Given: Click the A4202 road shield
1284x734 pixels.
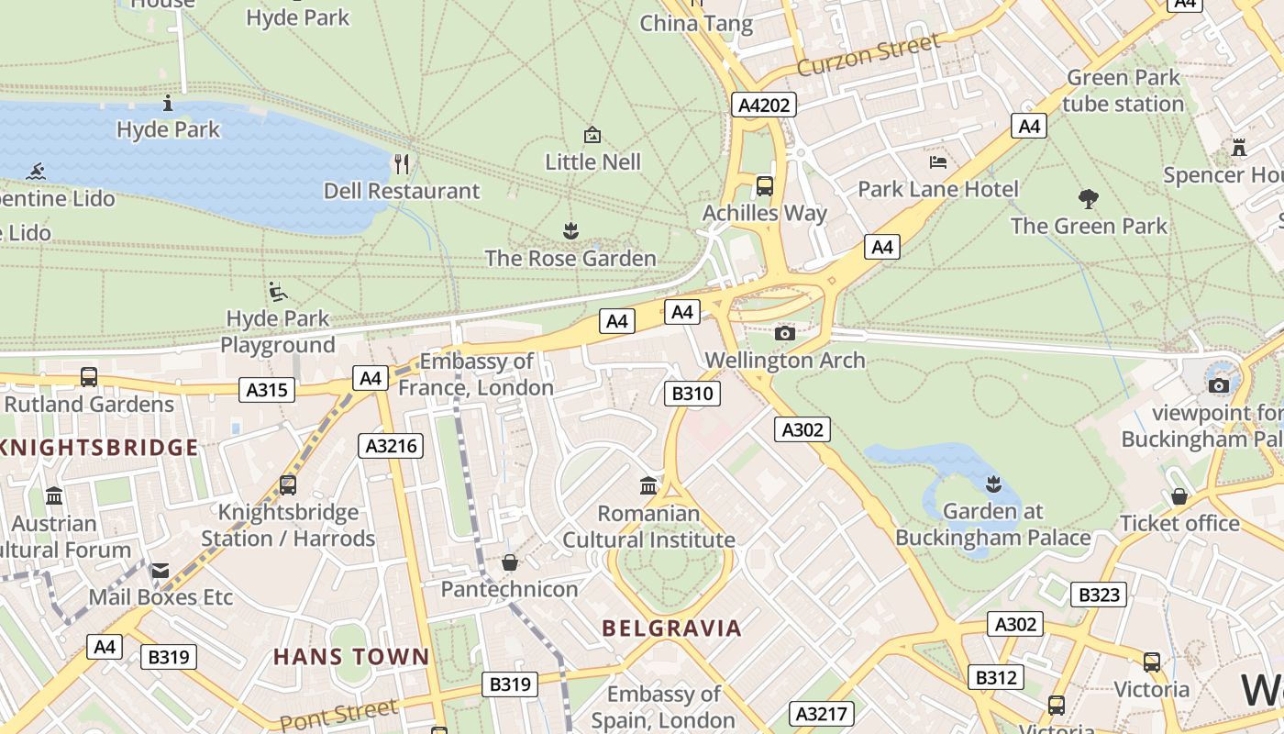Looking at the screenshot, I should (764, 105).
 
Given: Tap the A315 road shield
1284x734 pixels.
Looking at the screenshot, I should (267, 390).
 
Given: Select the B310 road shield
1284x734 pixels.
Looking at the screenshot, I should (692, 394).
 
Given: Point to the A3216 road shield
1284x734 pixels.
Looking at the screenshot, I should (391, 447).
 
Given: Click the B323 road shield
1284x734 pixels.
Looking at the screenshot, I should (1099, 595).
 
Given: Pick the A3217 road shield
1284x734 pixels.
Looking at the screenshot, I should (823, 714).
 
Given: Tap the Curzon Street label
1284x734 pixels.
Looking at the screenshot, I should (868, 55).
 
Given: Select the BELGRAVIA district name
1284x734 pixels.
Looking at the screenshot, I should (671, 628).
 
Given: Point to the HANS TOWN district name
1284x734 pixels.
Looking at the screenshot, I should (351, 657).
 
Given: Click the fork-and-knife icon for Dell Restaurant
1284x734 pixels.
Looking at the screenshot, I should (401, 164).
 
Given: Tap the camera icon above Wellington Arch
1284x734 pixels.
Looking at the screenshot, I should (784, 333).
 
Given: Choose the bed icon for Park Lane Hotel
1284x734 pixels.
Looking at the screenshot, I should (938, 162).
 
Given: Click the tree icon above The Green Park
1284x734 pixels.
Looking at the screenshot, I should (1089, 198).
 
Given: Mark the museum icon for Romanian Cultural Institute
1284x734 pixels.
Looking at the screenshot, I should (648, 484).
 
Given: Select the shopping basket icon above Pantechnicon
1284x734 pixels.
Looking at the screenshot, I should (509, 562).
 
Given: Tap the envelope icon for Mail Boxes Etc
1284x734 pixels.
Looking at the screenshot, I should (160, 571).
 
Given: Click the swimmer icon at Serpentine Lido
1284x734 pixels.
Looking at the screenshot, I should (37, 171).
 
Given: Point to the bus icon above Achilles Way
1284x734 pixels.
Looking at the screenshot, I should (764, 186).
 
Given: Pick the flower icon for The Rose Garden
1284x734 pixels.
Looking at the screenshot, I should (570, 230).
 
